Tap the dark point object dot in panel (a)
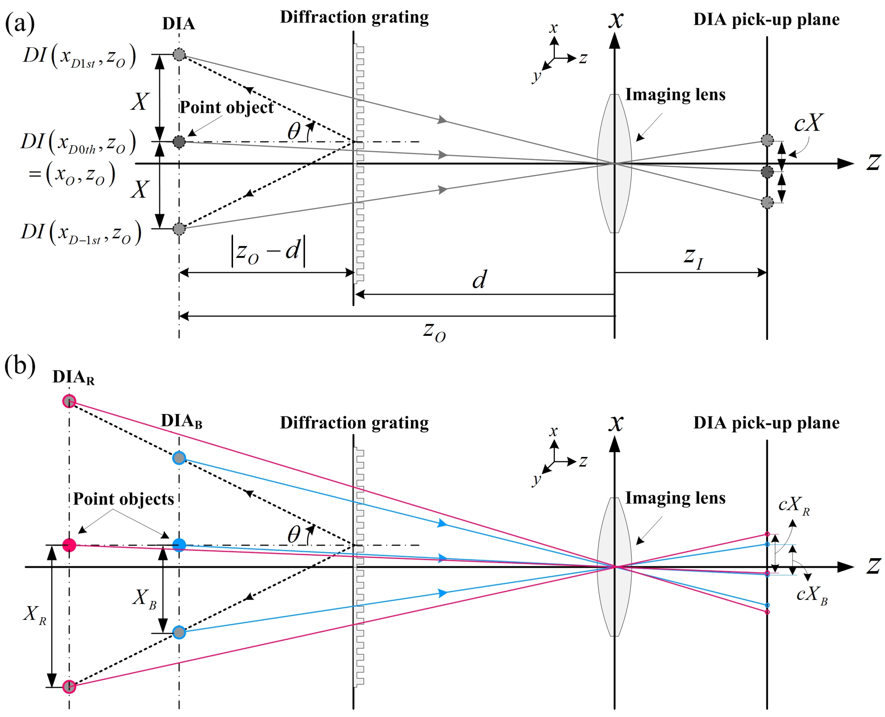pyautogui.click(x=179, y=142)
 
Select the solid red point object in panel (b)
pyautogui.click(x=69, y=545)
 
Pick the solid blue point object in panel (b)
pyautogui.click(x=179, y=545)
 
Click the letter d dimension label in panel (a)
pyautogui.click(x=479, y=280)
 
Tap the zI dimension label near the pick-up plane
pyautogui.click(x=694, y=257)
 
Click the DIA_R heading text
pyautogui.click(x=73, y=377)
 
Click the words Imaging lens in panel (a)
pyautogui.click(x=675, y=95)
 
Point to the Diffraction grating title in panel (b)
pyautogui.click(x=354, y=423)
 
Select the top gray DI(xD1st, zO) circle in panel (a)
pyautogui.click(x=179, y=54)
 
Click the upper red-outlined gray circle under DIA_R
pyautogui.click(x=69, y=401)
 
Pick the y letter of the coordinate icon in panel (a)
pyautogui.click(x=536, y=76)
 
